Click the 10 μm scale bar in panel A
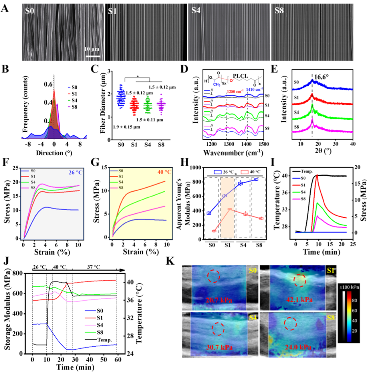(x=92, y=56)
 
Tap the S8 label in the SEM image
(x=279, y=11)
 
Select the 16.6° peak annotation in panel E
(x=322, y=77)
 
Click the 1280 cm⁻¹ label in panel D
(x=235, y=92)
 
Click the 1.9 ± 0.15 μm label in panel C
(x=126, y=127)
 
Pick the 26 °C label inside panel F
(x=75, y=172)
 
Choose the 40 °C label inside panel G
(x=164, y=172)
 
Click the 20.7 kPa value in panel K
(x=219, y=300)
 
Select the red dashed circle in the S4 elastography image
(x=218, y=329)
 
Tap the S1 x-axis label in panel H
(x=227, y=245)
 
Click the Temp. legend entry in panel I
(x=306, y=171)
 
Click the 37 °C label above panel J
(x=94, y=267)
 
